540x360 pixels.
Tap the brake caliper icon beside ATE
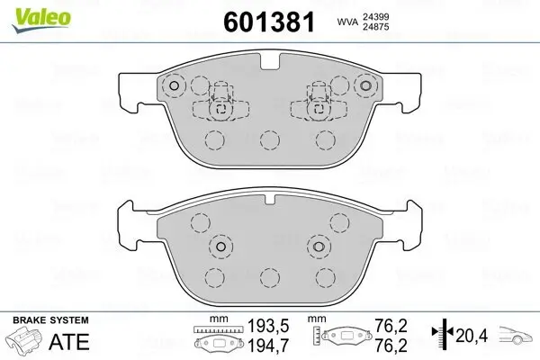tap(24, 343)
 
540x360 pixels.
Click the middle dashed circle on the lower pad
tap(267, 277)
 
